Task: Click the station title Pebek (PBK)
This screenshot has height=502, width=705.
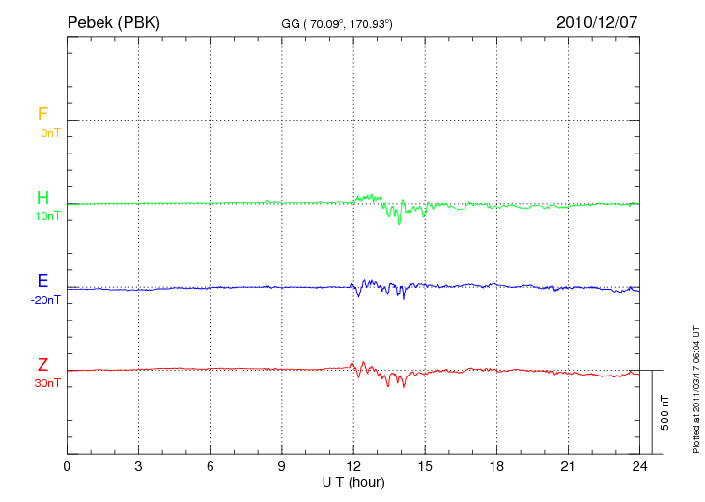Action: point(113,21)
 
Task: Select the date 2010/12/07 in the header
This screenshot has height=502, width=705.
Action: point(596,21)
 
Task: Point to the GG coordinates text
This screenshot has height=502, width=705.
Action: point(337,22)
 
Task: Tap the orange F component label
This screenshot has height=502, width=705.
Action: point(42,114)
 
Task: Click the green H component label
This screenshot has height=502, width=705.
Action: point(42,198)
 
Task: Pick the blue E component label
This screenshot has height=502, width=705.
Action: point(42,281)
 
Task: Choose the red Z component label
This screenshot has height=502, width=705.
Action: point(42,365)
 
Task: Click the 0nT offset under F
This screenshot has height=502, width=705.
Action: point(49,133)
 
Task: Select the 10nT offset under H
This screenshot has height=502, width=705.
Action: point(47,216)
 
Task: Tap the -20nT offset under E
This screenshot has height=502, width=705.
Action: point(44,300)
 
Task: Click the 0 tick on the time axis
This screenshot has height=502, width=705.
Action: point(67,466)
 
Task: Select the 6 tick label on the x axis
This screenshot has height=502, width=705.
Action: point(211,466)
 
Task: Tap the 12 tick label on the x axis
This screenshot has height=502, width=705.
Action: point(353,466)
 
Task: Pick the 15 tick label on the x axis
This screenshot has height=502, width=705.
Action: point(425,466)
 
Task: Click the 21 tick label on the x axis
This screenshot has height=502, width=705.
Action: point(568,466)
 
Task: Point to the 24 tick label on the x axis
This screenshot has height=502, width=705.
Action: point(639,466)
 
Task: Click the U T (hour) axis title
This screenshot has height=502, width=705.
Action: point(353,481)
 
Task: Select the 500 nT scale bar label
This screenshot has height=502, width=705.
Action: point(664,411)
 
